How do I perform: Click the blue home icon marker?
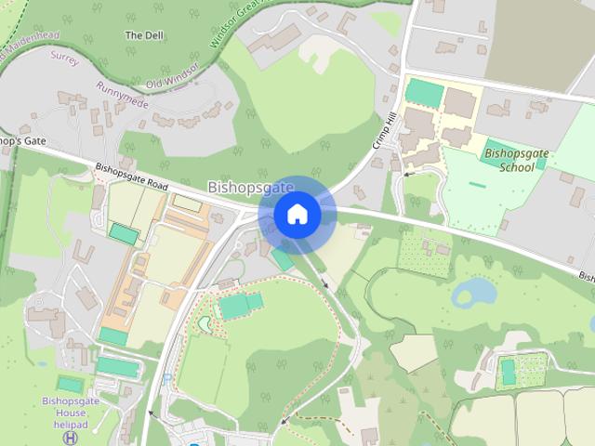coord(297,215)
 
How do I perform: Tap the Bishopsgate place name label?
coord(250,187)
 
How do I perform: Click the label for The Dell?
coord(144,34)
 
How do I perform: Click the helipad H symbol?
coord(72,437)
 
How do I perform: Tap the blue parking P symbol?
coord(166,379)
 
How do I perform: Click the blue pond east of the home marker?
coord(474,293)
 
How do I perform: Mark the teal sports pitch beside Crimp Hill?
coord(425,93)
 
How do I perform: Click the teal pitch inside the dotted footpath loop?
coord(241,304)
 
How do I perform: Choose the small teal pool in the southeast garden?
coord(508,373)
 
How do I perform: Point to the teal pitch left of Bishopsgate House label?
coord(70,383)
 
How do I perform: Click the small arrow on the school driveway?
coord(406,173)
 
